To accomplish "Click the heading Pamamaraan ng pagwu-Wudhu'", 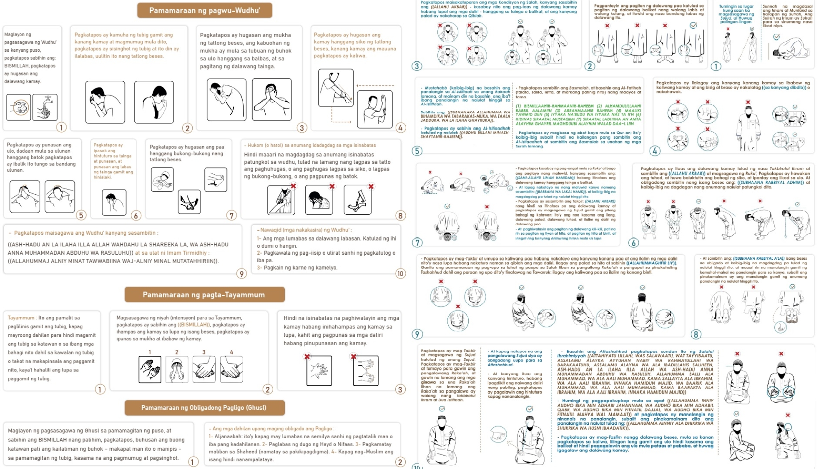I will [x=204, y=10].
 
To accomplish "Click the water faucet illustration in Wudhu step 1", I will [x=45, y=107].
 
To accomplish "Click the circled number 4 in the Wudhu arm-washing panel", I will [x=400, y=128].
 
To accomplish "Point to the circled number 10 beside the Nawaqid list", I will [x=400, y=273].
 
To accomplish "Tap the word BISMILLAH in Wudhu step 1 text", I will [x=19, y=66].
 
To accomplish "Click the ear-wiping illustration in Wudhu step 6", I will [x=114, y=202].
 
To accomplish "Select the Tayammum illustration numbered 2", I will [x=177, y=369].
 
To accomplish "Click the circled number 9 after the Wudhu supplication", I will [x=241, y=273].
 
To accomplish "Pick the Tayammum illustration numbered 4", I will [x=231, y=369].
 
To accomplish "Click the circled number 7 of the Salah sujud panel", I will [x=417, y=243].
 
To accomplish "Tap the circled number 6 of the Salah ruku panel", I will [x=633, y=243].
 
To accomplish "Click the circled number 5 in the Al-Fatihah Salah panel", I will [x=417, y=151].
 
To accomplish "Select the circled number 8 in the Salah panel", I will [x=696, y=334].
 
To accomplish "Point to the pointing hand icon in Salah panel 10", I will [x=498, y=434].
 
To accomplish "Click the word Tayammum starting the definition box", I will [x=21, y=318].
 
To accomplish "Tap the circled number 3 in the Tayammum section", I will [x=400, y=389].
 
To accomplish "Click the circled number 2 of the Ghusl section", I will [x=400, y=462].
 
